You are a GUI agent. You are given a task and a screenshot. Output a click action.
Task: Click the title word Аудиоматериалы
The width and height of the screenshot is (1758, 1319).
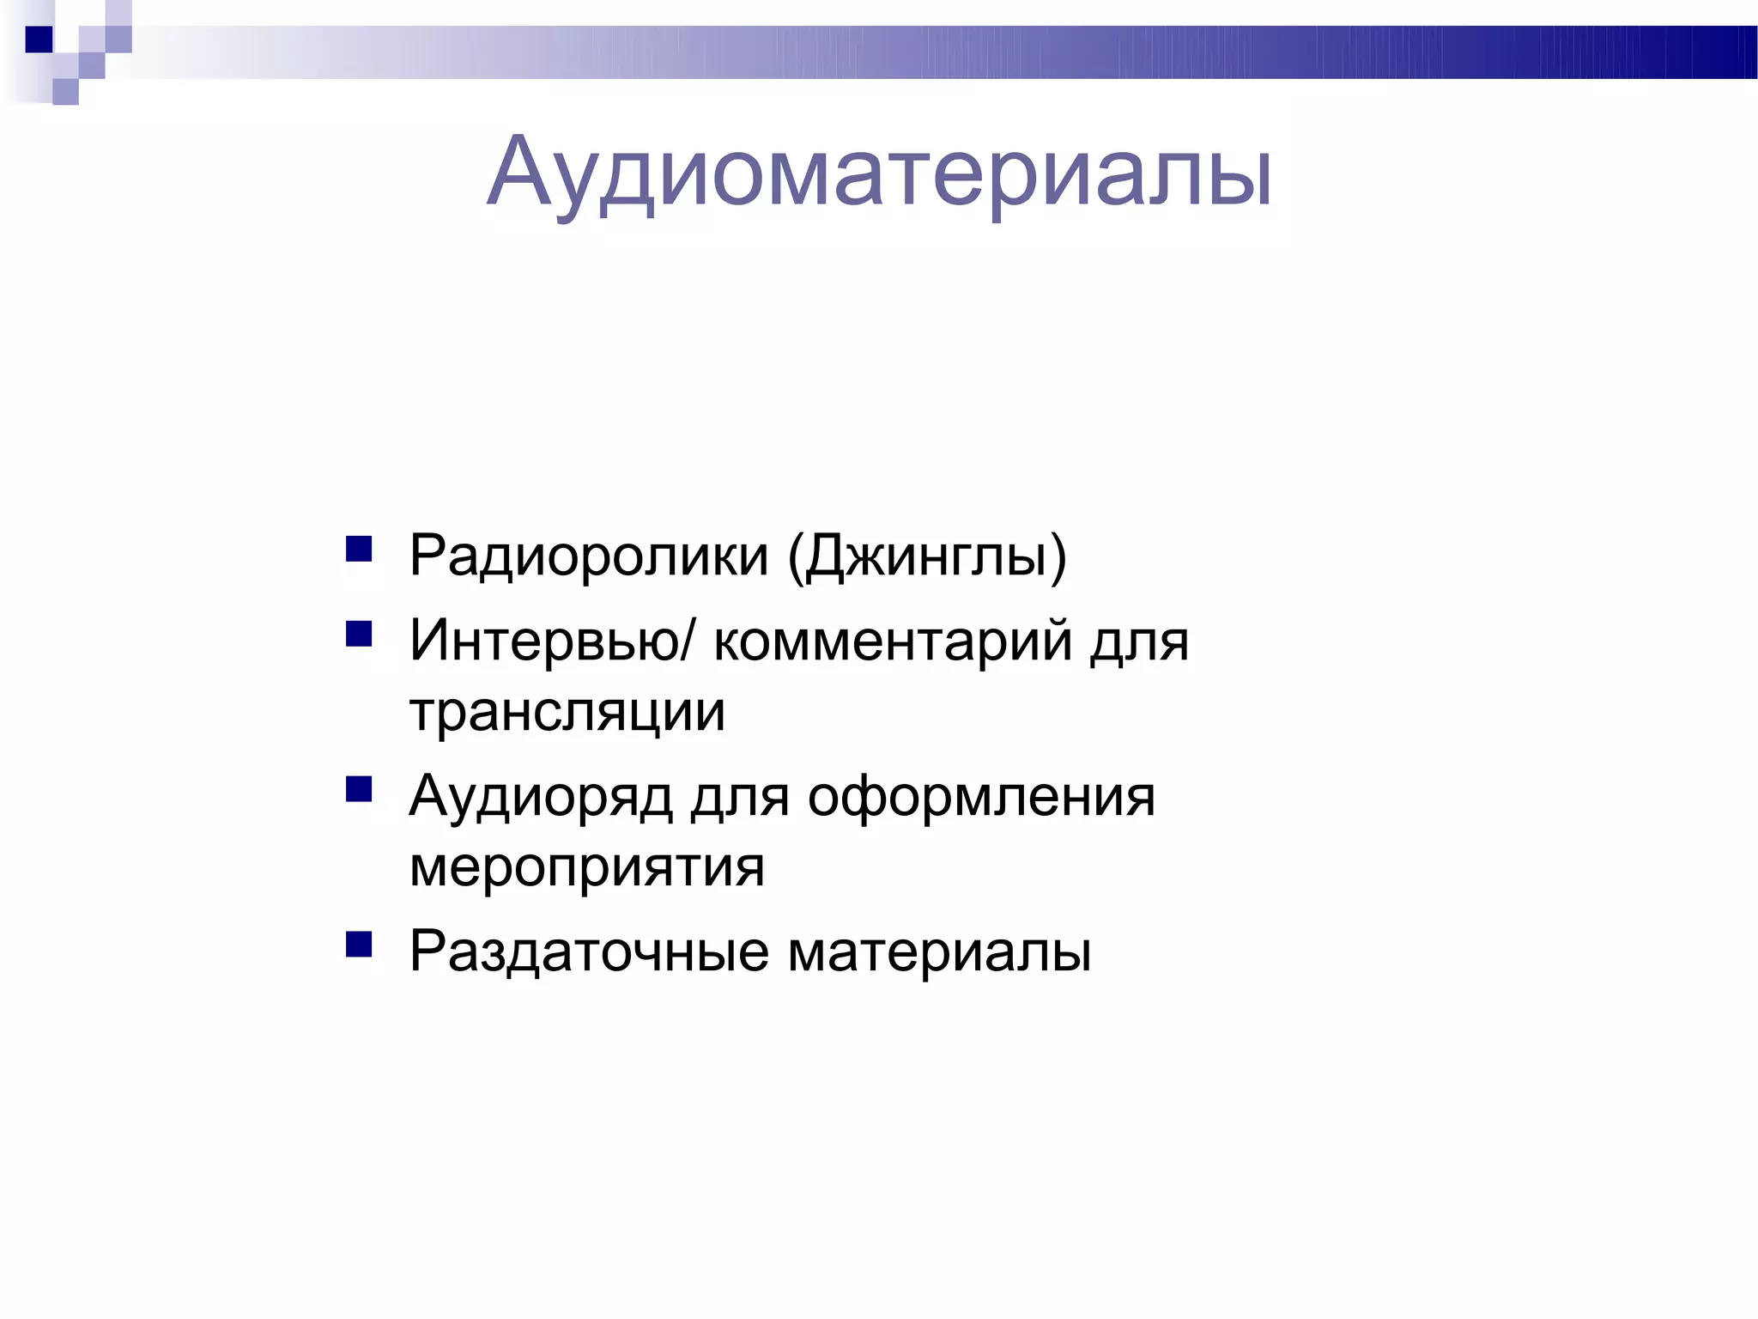point(879,173)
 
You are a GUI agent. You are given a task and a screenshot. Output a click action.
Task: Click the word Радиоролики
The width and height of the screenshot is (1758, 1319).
point(589,556)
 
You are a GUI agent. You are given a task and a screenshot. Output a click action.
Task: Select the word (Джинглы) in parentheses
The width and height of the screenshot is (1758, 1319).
point(927,557)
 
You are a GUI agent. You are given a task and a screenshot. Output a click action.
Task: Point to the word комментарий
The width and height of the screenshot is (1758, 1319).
point(893,642)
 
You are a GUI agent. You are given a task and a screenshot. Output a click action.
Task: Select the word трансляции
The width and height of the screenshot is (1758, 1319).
point(567,713)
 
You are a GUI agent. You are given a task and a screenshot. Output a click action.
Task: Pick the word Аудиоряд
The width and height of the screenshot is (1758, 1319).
point(542,798)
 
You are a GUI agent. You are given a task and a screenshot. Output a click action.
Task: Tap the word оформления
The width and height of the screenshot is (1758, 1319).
point(981,798)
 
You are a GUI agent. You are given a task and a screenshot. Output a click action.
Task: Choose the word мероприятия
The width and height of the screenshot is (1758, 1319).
point(587,868)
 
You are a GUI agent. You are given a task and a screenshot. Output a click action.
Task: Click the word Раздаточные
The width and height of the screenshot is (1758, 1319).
point(589,951)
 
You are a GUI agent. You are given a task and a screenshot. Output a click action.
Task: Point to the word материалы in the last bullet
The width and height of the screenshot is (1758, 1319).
point(939,951)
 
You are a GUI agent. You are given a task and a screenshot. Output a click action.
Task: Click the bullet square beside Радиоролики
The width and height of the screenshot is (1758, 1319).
point(359,549)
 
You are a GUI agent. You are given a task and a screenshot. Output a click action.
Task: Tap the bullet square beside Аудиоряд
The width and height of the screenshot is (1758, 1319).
point(359,789)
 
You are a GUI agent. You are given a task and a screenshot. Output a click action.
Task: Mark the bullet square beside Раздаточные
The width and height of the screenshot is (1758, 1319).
point(359,944)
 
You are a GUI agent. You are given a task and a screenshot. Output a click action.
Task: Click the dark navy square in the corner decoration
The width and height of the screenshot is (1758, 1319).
point(39,40)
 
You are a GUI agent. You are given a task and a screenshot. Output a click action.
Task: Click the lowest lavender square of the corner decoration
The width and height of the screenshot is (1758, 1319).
point(65,92)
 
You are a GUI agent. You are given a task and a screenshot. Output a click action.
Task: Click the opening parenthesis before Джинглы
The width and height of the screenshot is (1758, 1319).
point(795,557)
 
